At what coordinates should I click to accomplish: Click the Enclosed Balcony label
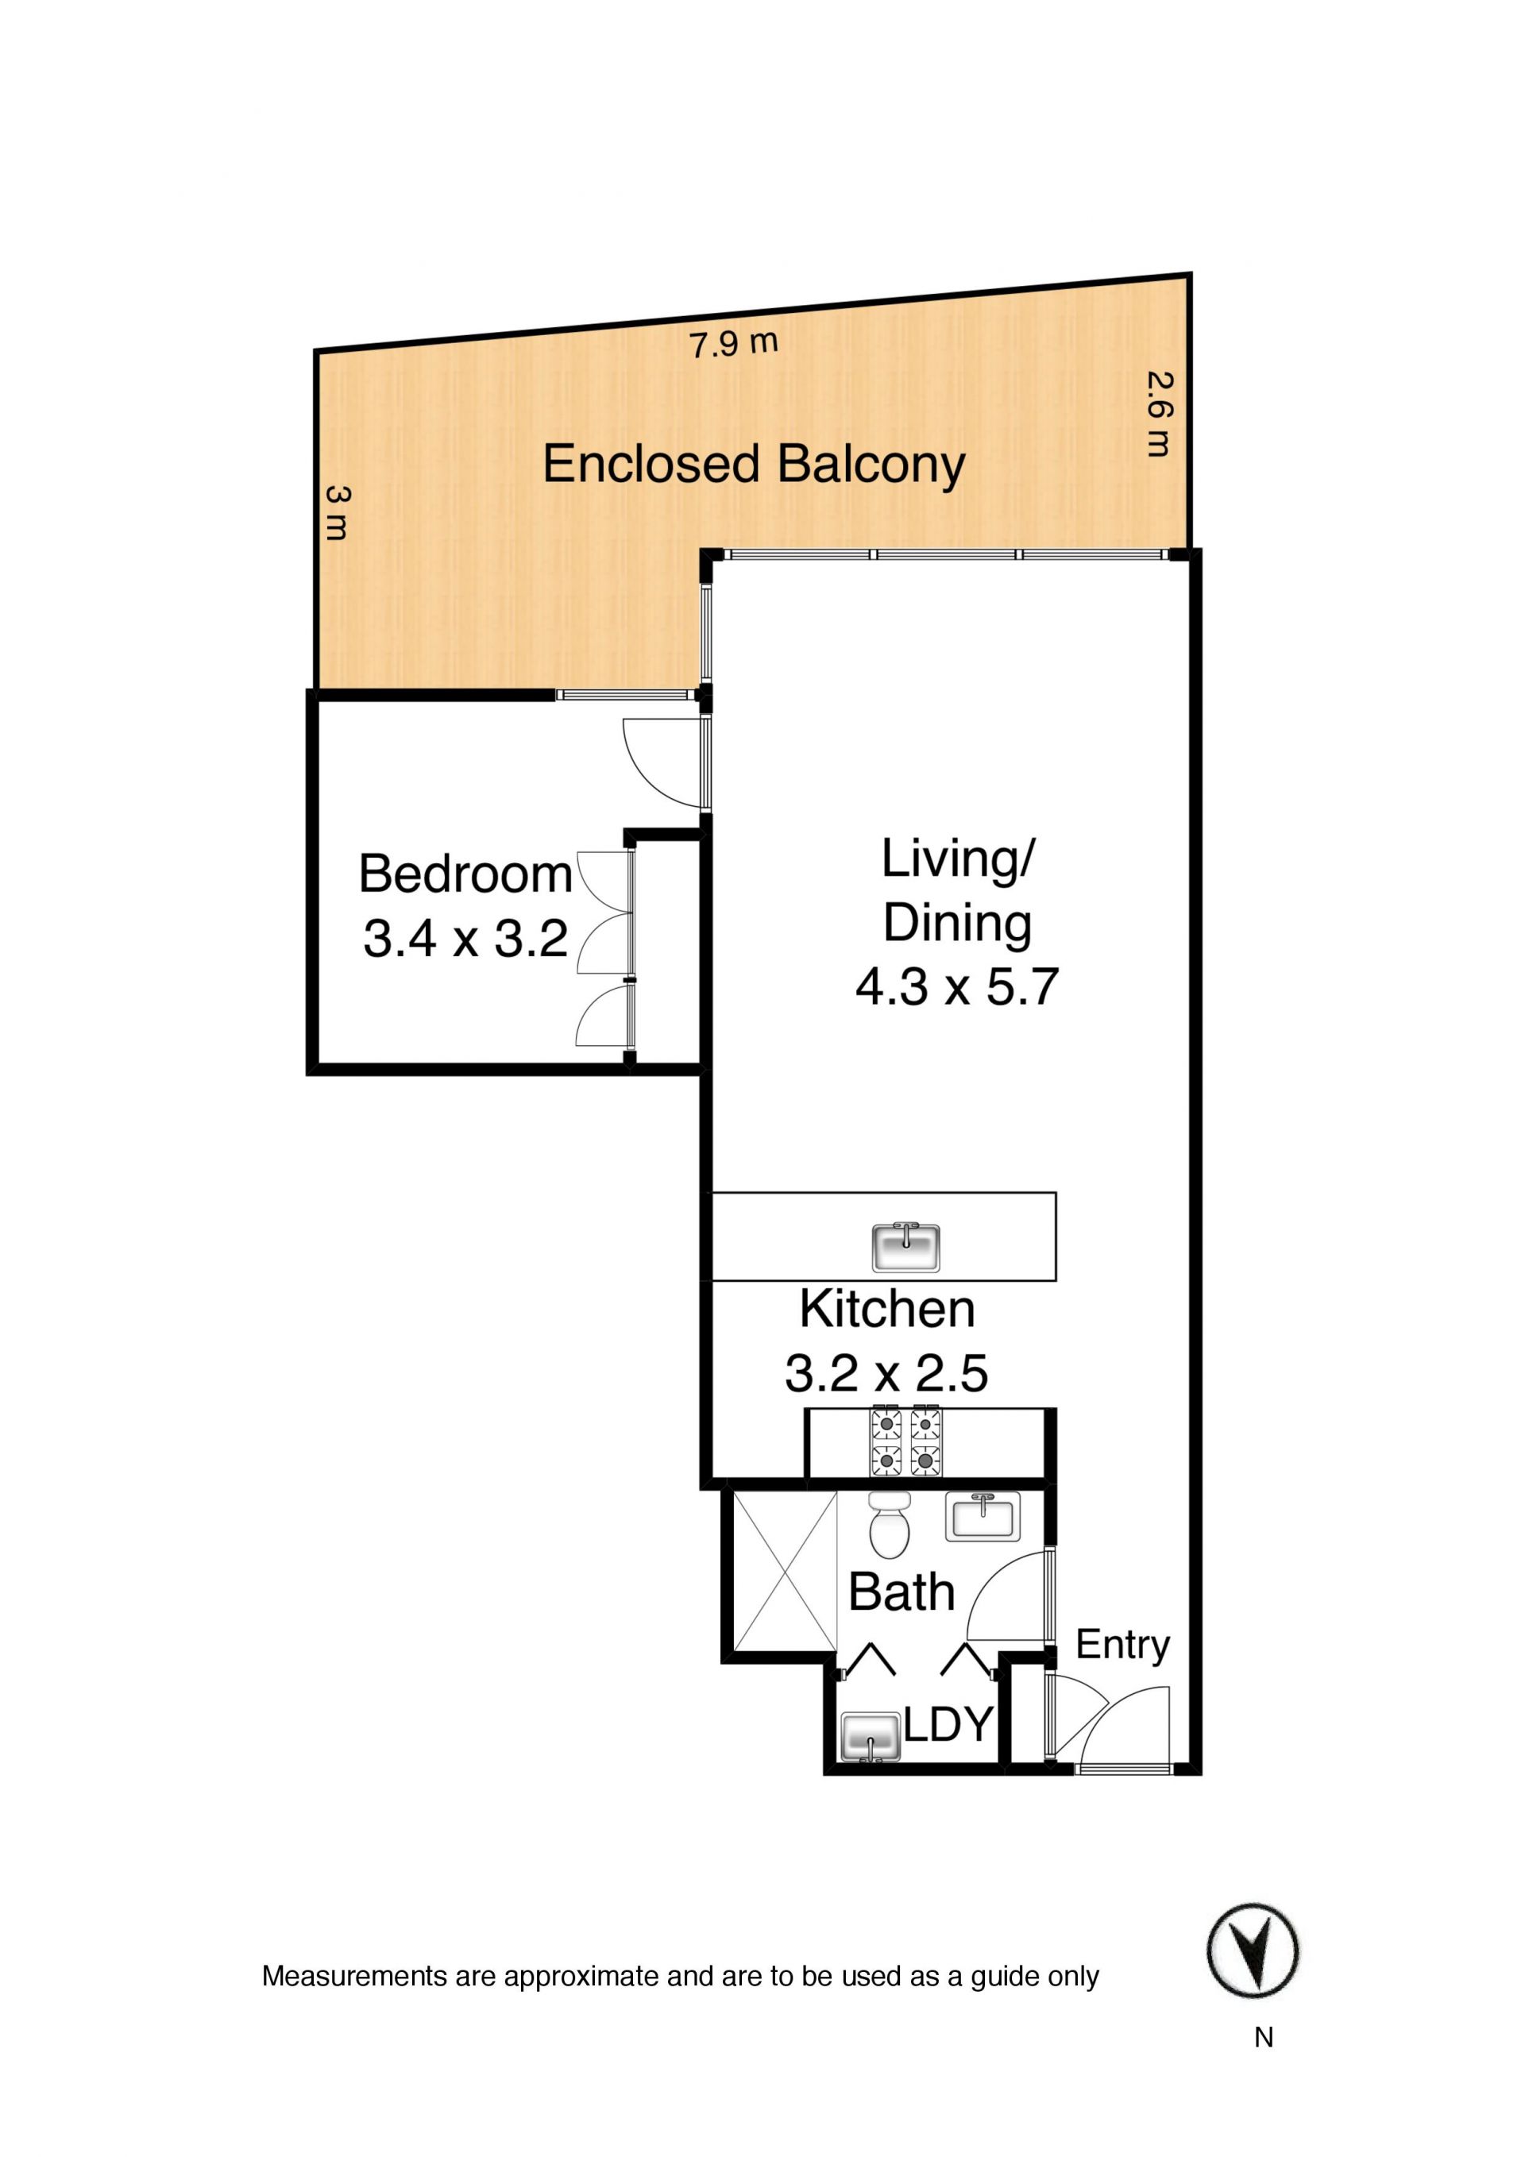tap(754, 465)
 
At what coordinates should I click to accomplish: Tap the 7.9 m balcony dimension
tap(734, 344)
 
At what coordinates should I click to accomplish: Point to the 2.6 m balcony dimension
tap(1161, 415)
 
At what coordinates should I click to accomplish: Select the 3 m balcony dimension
tap(338, 513)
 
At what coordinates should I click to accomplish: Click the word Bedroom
tap(465, 874)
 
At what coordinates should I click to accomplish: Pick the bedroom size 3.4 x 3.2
tap(465, 939)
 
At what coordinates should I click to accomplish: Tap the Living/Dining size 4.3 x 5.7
tap(956, 987)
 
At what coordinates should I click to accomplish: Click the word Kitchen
tap(887, 1310)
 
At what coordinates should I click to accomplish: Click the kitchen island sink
tap(905, 1247)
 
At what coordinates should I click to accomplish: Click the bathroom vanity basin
tap(982, 1516)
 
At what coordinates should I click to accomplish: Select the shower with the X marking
tap(785, 1571)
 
